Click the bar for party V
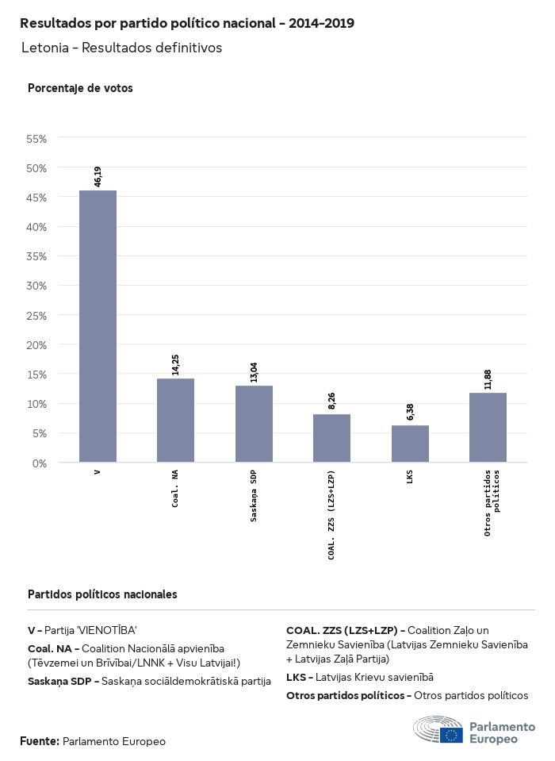tap(98, 326)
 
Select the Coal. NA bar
tap(175, 420)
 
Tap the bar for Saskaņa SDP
tap(254, 424)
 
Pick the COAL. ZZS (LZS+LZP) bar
tap(331, 438)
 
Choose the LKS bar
tap(410, 444)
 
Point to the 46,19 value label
tap(98, 175)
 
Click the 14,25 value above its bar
tap(176, 363)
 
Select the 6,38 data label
tap(410, 411)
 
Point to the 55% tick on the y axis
tap(37, 138)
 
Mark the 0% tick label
tap(40, 463)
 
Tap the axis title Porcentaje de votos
tap(80, 88)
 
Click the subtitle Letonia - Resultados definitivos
tap(121, 48)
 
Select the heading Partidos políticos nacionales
tap(102, 594)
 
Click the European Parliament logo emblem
tap(438, 729)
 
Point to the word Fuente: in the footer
tap(40, 741)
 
